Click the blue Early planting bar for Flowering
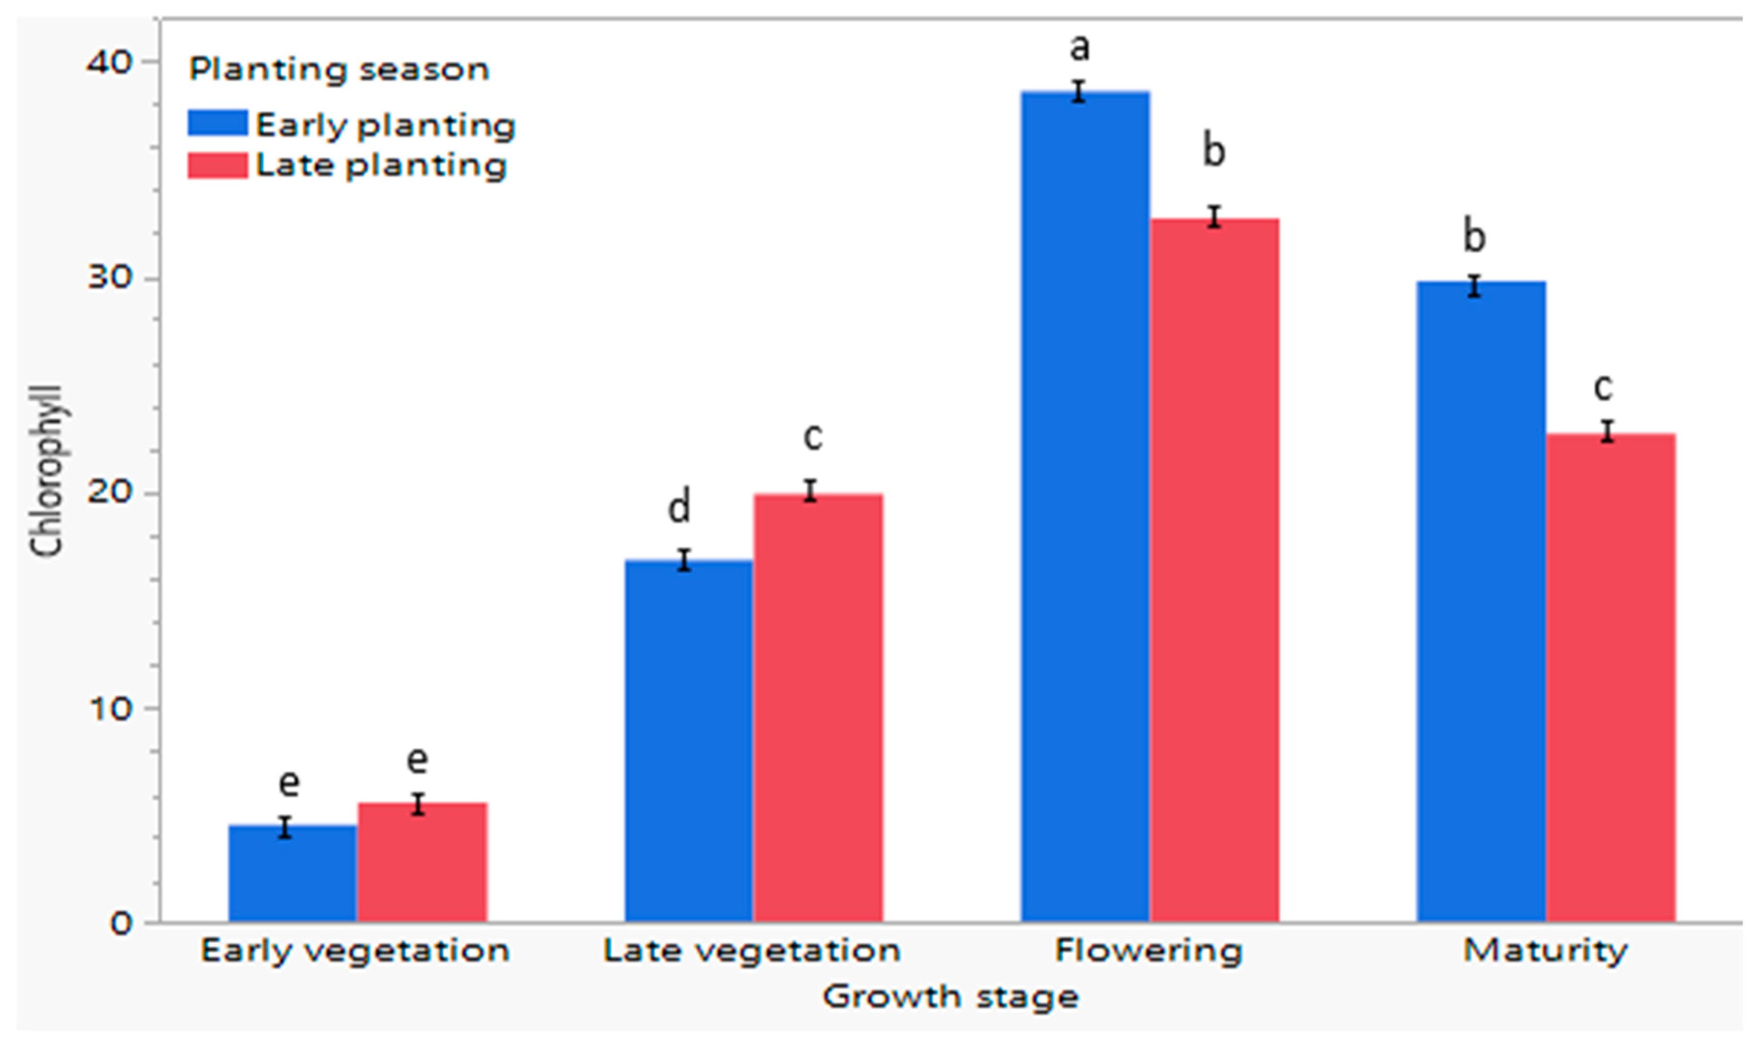(x=1085, y=508)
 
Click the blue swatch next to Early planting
(x=217, y=123)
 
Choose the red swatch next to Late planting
(x=217, y=166)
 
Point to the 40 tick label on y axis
(x=109, y=63)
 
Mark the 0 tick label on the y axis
(x=120, y=924)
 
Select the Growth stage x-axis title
(x=950, y=997)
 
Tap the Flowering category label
(x=1148, y=950)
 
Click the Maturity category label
(x=1545, y=950)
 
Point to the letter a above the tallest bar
(x=1079, y=48)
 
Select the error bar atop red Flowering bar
(x=1214, y=216)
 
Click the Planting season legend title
(x=338, y=69)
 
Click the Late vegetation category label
(x=752, y=950)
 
